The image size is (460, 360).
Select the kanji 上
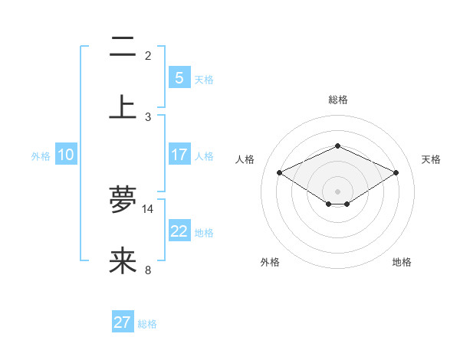(x=123, y=106)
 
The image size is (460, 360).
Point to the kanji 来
(x=123, y=260)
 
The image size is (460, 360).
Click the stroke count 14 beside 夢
(x=148, y=209)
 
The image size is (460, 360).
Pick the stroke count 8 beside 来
(x=148, y=270)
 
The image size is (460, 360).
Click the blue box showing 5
(x=179, y=78)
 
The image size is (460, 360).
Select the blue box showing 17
(x=179, y=155)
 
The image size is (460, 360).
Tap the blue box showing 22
(x=179, y=231)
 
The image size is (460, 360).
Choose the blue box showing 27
(x=123, y=322)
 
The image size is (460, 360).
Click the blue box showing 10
(x=66, y=155)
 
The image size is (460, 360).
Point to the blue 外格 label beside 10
(x=41, y=155)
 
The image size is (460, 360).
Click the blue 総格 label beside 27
(x=147, y=324)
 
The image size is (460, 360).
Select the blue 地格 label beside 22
(x=204, y=232)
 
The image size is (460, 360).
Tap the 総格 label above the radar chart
(x=337, y=100)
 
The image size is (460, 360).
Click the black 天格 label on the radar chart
(x=431, y=159)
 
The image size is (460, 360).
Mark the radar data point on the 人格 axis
(x=279, y=173)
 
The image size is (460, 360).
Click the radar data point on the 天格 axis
(x=396, y=173)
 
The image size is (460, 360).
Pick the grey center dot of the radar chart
(x=337, y=191)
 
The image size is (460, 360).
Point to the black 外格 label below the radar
(x=270, y=262)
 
